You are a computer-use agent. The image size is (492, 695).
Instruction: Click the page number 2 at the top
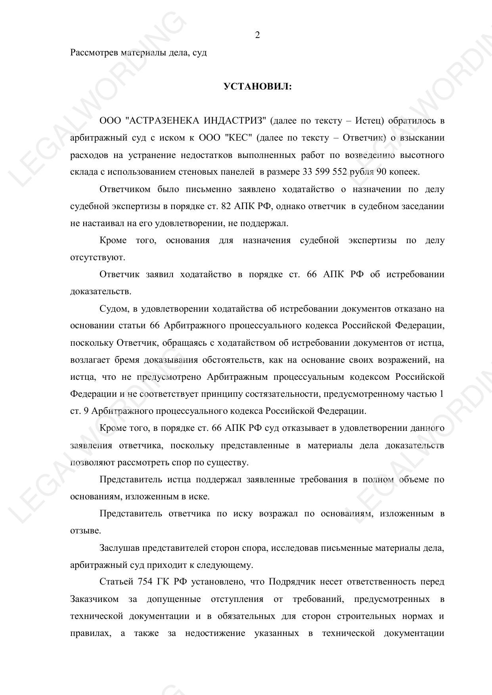click(257, 35)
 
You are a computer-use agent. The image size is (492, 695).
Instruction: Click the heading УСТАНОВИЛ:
click(257, 86)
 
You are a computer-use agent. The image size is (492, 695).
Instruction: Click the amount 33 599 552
click(325, 172)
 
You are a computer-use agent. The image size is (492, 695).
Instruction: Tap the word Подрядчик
click(291, 582)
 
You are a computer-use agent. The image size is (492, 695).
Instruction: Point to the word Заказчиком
click(94, 599)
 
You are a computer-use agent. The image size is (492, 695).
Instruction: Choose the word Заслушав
click(120, 548)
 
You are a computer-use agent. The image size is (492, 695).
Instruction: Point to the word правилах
click(90, 633)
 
